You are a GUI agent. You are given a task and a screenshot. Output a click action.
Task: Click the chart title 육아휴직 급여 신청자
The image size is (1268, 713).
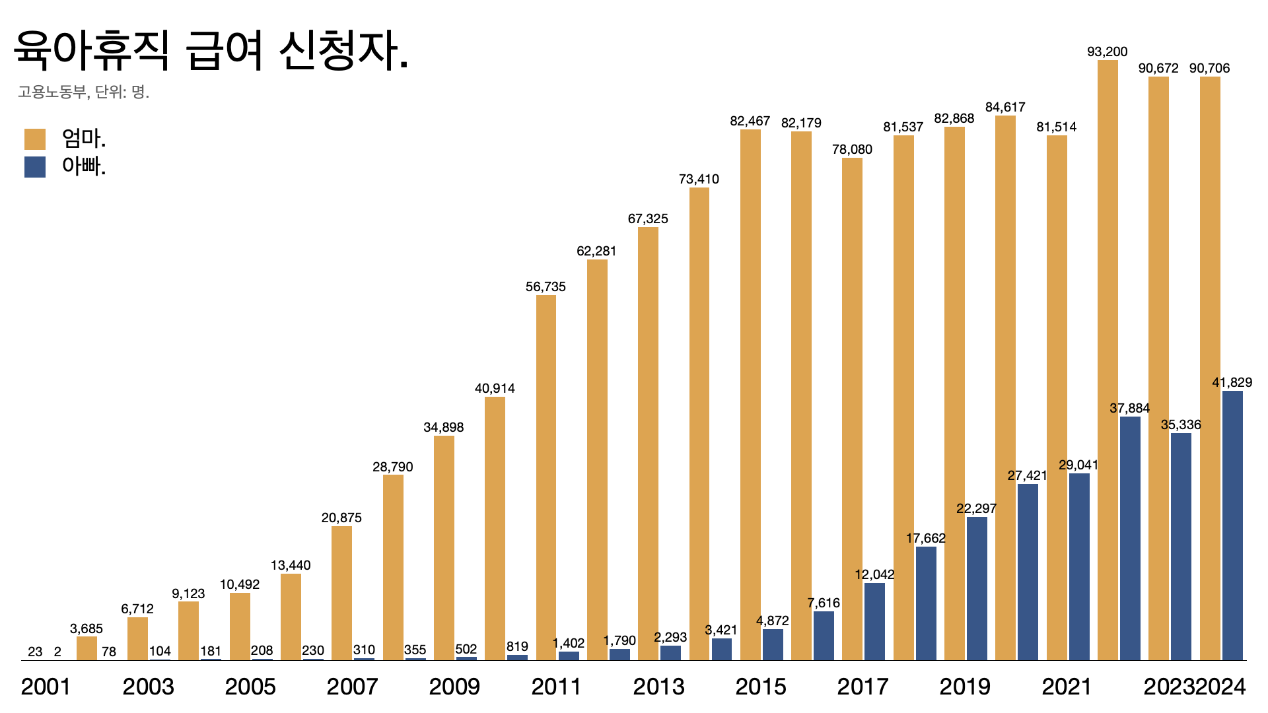pyautogui.click(x=211, y=51)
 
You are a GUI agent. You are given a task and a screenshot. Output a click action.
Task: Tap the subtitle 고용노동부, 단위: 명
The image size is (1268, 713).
pyautogui.click(x=84, y=92)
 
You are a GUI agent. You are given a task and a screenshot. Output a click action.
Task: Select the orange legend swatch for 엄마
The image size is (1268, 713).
pyautogui.click(x=35, y=139)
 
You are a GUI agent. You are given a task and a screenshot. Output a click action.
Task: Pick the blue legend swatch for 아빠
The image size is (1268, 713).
pyautogui.click(x=35, y=166)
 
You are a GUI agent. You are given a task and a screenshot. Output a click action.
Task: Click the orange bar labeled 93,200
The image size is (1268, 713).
pyautogui.click(x=1108, y=360)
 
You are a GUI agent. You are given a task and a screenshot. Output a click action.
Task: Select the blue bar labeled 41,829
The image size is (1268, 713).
pyautogui.click(x=1232, y=526)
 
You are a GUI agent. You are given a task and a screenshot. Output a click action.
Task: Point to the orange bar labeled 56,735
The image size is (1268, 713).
pyautogui.click(x=546, y=477)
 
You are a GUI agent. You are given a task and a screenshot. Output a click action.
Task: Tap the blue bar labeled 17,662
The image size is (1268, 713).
pyautogui.click(x=926, y=603)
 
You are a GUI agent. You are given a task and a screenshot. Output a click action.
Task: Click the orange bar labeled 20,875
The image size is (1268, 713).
pyautogui.click(x=341, y=593)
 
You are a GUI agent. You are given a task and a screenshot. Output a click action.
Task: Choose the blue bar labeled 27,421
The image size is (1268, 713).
pyautogui.click(x=1028, y=572)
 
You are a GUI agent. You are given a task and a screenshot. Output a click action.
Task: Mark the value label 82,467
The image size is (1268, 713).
pyautogui.click(x=750, y=121)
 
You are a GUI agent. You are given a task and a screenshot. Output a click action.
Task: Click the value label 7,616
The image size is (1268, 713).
pyautogui.click(x=824, y=603)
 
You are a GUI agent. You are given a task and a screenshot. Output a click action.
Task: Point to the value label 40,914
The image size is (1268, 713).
pyautogui.click(x=495, y=389)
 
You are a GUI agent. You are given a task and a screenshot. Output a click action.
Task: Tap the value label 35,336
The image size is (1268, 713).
pyautogui.click(x=1181, y=424)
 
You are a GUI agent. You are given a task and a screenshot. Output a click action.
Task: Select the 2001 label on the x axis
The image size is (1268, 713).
pyautogui.click(x=46, y=687)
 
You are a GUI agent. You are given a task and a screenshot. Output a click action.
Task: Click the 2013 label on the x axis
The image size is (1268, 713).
pyautogui.click(x=658, y=687)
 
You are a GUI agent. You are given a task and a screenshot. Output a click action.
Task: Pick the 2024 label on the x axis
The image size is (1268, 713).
pyautogui.click(x=1221, y=687)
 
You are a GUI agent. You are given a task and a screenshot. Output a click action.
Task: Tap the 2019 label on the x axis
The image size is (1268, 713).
pyautogui.click(x=965, y=687)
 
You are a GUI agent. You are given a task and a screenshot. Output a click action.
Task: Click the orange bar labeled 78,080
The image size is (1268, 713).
pyautogui.click(x=852, y=409)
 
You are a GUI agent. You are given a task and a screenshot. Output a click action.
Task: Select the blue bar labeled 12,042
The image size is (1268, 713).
pyautogui.click(x=874, y=621)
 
